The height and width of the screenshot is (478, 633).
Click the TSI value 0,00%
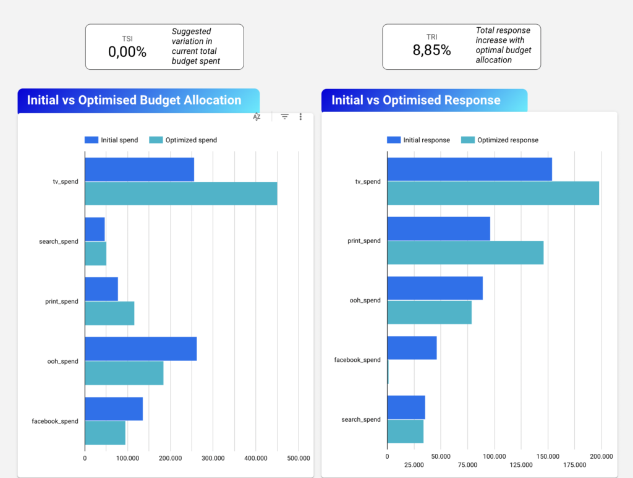(x=127, y=51)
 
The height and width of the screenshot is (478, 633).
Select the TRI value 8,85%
(x=431, y=50)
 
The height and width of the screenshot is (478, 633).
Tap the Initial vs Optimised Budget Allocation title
(x=134, y=100)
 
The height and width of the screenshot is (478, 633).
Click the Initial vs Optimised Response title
(x=416, y=100)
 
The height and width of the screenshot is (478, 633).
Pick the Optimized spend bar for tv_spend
(x=181, y=194)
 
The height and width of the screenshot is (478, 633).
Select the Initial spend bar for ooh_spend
(x=140, y=349)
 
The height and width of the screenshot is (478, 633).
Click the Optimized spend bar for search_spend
(x=95, y=254)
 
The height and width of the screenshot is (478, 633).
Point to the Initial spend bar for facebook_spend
(x=114, y=409)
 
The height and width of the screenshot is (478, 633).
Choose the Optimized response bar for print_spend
(x=465, y=252)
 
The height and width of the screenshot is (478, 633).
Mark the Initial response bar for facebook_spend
(x=412, y=348)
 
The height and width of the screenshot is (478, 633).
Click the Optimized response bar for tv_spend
(x=493, y=193)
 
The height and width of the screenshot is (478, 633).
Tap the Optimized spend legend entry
(x=184, y=140)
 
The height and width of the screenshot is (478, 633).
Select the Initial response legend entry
(x=418, y=140)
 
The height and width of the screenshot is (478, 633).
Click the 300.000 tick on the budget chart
(x=213, y=458)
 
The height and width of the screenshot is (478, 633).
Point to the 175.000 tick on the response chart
(x=575, y=464)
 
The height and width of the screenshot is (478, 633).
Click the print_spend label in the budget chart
(x=61, y=302)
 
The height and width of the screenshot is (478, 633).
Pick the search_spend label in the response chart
(x=361, y=420)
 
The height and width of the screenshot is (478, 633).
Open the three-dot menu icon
(x=300, y=117)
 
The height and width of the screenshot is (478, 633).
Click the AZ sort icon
(x=257, y=117)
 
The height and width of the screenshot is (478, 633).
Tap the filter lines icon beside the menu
(x=284, y=117)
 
